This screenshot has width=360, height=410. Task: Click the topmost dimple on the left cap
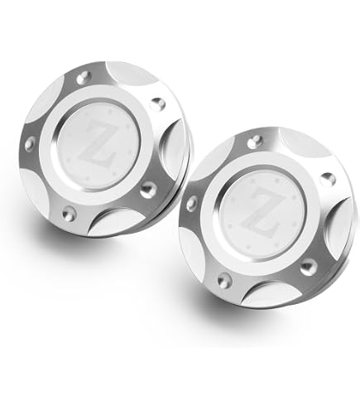(84, 78)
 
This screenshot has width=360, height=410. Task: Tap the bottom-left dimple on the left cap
(69, 213)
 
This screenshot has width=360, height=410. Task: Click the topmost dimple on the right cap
(254, 141)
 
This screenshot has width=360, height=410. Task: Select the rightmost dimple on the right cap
(328, 179)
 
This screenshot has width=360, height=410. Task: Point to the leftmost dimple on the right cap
(192, 204)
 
